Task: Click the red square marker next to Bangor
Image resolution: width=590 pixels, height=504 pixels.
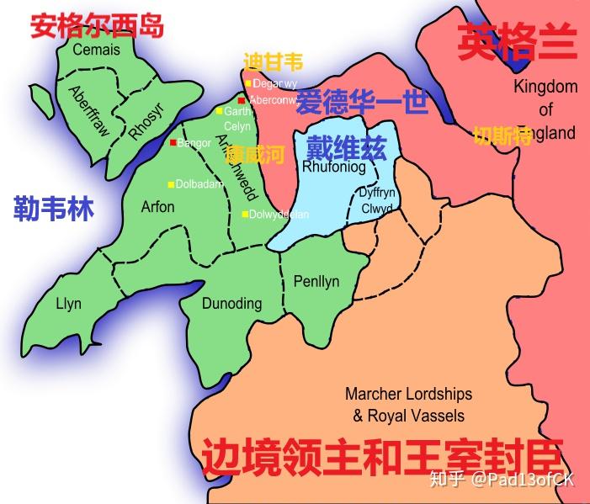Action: pos(173,143)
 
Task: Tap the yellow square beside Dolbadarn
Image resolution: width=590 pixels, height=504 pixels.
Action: pos(170,184)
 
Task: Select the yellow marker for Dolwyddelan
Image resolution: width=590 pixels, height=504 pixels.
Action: pos(245,214)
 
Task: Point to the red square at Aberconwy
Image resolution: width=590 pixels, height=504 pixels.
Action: pos(242,100)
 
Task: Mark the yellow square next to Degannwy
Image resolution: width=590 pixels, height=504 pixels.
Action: pos(247,83)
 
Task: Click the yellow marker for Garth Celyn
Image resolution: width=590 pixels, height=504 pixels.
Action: pos(219,111)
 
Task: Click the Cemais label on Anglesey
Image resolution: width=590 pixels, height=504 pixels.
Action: pos(96,50)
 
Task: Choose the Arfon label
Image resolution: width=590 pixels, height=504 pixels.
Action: pos(157,206)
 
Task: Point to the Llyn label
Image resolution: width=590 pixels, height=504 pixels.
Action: pos(68,303)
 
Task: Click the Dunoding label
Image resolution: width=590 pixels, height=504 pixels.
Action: pos(231,304)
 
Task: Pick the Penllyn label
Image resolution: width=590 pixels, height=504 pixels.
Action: pos(316,281)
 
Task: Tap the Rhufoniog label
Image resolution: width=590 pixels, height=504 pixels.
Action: pos(333,167)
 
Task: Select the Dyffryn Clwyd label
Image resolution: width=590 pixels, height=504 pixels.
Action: pos(376,200)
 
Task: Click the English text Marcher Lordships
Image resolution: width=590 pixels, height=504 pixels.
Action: pos(408,394)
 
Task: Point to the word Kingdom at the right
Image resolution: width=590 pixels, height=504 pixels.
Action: pos(545,87)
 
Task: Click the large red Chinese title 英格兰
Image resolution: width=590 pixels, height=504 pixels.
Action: pos(518,42)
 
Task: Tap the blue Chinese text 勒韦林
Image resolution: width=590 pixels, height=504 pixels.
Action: pos(53,208)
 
